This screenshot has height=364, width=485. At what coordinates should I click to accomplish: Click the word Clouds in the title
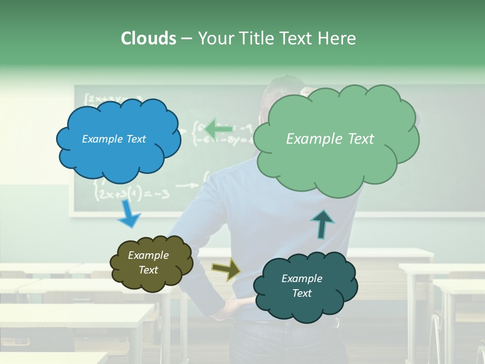click(x=148, y=38)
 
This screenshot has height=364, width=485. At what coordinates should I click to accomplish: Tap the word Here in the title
click(x=336, y=38)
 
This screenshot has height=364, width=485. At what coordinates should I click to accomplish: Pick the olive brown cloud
click(x=151, y=263)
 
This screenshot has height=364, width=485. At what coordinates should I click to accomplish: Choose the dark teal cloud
click(x=305, y=286)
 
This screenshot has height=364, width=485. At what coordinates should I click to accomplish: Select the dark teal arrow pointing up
click(x=322, y=224)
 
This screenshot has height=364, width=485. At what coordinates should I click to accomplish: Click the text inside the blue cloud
click(x=114, y=139)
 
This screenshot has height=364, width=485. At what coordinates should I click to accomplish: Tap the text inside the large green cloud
click(x=330, y=139)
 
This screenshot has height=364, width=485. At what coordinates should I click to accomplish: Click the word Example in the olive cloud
click(x=148, y=255)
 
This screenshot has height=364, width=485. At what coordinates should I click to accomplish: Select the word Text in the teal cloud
click(x=302, y=293)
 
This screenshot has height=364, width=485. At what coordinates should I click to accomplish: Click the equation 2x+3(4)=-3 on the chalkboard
click(x=132, y=194)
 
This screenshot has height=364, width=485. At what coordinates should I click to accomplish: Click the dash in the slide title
click(x=186, y=38)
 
